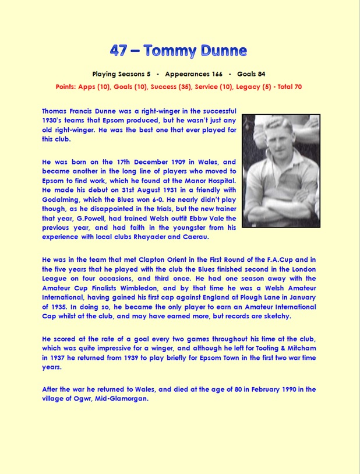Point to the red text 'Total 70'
click(x=287, y=86)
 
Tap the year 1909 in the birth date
click(x=175, y=161)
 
